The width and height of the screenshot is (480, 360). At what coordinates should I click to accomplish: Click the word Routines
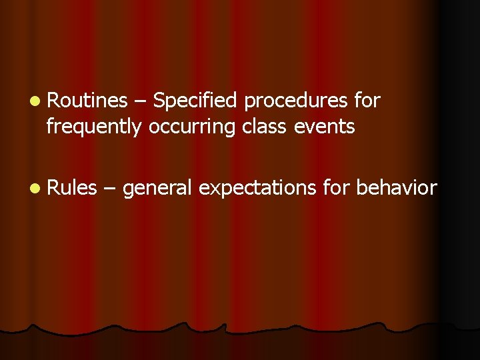tap(87, 101)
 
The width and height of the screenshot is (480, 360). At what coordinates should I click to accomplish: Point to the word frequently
tap(94, 127)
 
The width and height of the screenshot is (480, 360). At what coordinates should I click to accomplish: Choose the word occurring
tap(192, 127)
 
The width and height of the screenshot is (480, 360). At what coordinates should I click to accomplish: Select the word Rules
tap(73, 188)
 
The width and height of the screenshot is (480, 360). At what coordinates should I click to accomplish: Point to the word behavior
tap(397, 188)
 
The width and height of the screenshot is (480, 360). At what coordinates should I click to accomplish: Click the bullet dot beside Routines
tap(34, 101)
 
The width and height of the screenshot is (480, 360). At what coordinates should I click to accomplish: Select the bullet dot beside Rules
tap(34, 189)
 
